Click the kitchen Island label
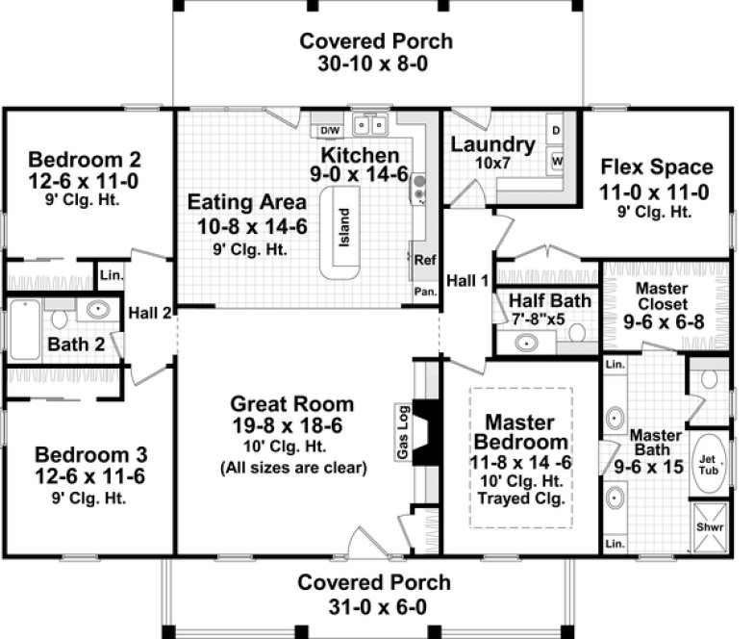click(343, 228)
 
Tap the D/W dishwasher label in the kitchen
click(330, 129)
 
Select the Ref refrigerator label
click(424, 259)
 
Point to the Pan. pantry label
click(424, 290)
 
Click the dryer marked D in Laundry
click(556, 129)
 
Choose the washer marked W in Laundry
click(556, 158)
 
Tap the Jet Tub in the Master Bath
click(709, 463)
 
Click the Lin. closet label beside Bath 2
click(112, 275)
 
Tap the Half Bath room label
click(550, 301)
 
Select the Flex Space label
click(657, 166)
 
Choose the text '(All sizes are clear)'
click(293, 469)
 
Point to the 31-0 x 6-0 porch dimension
click(373, 605)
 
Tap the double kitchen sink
click(369, 124)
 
